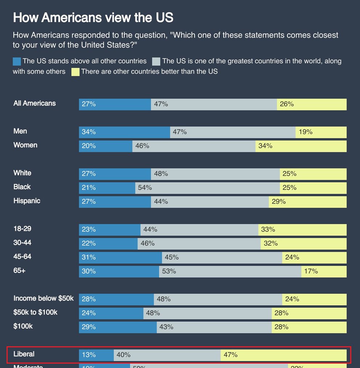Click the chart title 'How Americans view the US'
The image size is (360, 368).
(93, 17)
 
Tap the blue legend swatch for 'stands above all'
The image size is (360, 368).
(17, 61)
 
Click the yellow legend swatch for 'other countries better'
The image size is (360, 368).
(75, 72)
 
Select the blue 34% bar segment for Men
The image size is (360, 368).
(124, 132)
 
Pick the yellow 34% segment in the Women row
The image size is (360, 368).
(301, 146)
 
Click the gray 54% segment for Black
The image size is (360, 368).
(207, 188)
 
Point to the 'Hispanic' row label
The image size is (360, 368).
(27, 201)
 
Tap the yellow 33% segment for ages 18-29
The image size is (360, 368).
(302, 229)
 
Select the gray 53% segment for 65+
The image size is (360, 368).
(230, 271)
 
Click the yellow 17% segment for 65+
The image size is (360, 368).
(324, 271)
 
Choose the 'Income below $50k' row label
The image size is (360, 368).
(44, 298)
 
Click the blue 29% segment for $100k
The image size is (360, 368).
(118, 327)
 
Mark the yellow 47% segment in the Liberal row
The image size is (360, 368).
(283, 355)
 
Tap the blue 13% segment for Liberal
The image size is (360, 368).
(96, 355)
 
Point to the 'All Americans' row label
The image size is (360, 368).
(34, 103)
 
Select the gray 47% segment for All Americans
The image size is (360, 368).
(214, 104)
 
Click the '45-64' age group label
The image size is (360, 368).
(22, 257)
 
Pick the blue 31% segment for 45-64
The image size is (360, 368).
(120, 257)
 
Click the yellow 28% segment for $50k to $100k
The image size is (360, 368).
(309, 313)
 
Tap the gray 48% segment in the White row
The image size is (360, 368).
(215, 174)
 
